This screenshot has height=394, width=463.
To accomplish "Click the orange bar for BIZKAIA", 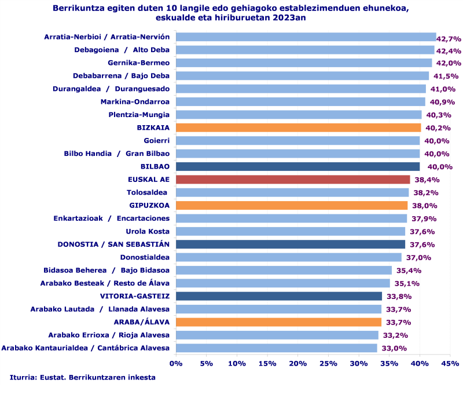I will click(298, 127).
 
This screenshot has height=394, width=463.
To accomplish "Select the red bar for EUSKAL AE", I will click(293, 180).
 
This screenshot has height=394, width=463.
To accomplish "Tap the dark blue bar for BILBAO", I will click(297, 166).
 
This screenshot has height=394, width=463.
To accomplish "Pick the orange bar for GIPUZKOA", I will click(292, 205).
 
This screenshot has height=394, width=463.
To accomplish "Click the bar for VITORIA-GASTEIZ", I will click(279, 296).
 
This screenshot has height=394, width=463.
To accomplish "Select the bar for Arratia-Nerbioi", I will click(306, 37).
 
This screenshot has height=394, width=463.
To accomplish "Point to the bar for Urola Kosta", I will click(291, 231).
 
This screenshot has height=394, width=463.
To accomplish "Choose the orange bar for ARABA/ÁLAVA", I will click(278, 322).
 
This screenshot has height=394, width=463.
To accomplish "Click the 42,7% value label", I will click(449, 39).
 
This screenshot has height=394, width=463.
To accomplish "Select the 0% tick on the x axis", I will click(176, 363).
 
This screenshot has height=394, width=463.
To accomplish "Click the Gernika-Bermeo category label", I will click(139, 63).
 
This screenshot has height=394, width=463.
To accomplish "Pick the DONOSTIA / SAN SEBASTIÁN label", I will click(113, 244).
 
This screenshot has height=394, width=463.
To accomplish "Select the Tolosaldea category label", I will click(147, 192).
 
